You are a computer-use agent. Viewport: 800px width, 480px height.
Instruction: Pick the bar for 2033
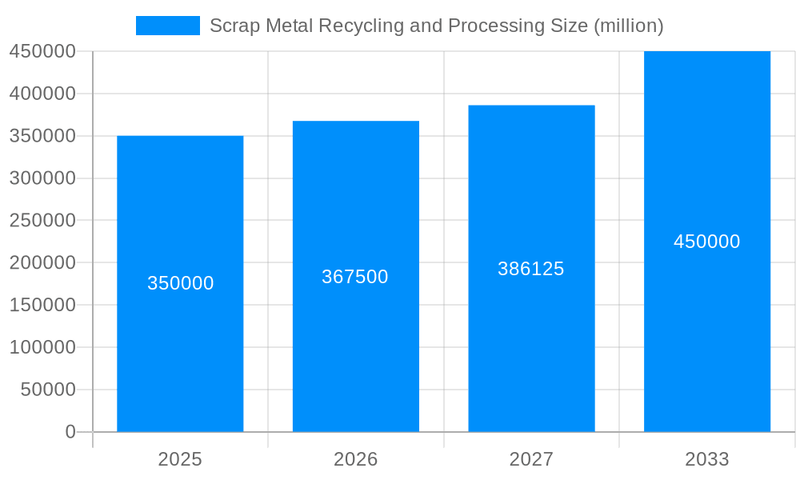[707, 336]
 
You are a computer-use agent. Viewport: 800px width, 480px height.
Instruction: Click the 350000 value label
[180, 283]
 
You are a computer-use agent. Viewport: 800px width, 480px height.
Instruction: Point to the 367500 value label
[355, 277]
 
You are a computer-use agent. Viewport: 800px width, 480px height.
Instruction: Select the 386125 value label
[531, 269]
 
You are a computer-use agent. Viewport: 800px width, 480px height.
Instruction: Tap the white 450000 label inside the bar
[707, 242]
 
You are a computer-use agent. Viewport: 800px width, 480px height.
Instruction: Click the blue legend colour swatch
[168, 26]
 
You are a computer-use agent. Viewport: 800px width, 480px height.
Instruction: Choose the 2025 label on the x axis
[180, 459]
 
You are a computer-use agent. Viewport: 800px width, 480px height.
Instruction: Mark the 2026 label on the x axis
[355, 459]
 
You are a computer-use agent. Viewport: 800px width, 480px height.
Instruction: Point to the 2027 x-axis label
[531, 459]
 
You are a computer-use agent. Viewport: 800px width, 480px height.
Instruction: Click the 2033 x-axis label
[707, 459]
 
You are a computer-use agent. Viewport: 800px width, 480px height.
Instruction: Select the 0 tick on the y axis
[70, 432]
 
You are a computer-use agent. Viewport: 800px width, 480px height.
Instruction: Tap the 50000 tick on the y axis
[47, 390]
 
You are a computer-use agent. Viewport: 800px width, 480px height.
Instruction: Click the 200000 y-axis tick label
[42, 262]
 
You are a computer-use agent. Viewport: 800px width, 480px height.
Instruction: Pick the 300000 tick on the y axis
[42, 178]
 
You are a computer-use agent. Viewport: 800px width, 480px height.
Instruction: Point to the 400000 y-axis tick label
[42, 94]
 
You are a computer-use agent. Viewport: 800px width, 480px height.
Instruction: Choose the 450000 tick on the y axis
[42, 51]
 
